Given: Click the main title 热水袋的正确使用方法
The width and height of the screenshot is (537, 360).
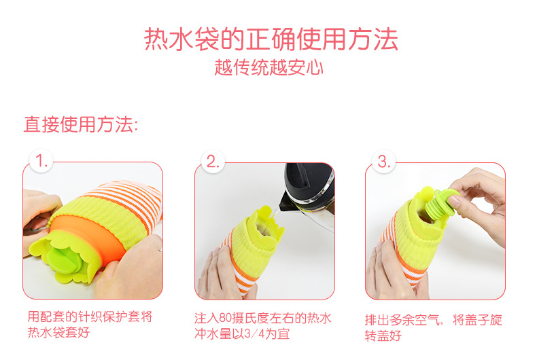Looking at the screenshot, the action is [271, 39].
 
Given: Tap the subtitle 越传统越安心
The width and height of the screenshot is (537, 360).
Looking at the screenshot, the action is [269, 67].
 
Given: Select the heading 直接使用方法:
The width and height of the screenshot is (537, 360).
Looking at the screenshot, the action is [81, 124].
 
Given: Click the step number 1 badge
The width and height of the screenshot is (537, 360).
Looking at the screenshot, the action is [41, 161].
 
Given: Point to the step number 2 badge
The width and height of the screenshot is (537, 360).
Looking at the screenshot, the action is [213, 161].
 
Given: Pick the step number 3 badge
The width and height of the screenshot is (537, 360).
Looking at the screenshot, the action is [383, 161].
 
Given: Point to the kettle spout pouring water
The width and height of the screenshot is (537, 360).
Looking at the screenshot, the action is [285, 202].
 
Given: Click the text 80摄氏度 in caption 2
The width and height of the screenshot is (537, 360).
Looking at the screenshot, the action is [244, 319].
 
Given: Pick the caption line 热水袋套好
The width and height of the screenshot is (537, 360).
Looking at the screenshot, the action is [58, 332].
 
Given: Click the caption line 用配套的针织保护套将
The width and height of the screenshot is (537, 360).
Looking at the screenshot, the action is [90, 317].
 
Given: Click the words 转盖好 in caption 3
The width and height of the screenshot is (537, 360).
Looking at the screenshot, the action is [383, 336].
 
